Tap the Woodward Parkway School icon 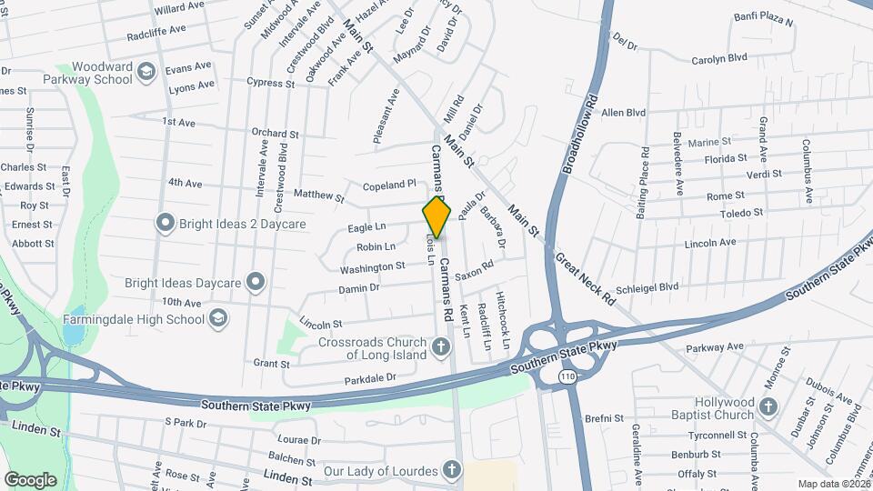[x=145, y=72]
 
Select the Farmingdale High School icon [x=217, y=319]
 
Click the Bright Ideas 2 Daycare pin [x=165, y=223]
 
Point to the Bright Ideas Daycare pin [x=256, y=282]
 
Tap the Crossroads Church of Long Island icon [x=441, y=347]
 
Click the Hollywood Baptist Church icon [x=768, y=408]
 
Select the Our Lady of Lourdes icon [x=452, y=471]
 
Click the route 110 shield [x=568, y=376]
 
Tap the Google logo [x=30, y=479]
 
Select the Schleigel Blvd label [x=647, y=286]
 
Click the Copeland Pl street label [x=388, y=185]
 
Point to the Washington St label [x=372, y=267]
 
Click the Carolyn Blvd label [x=718, y=57]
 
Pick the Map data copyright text [x=834, y=484]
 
